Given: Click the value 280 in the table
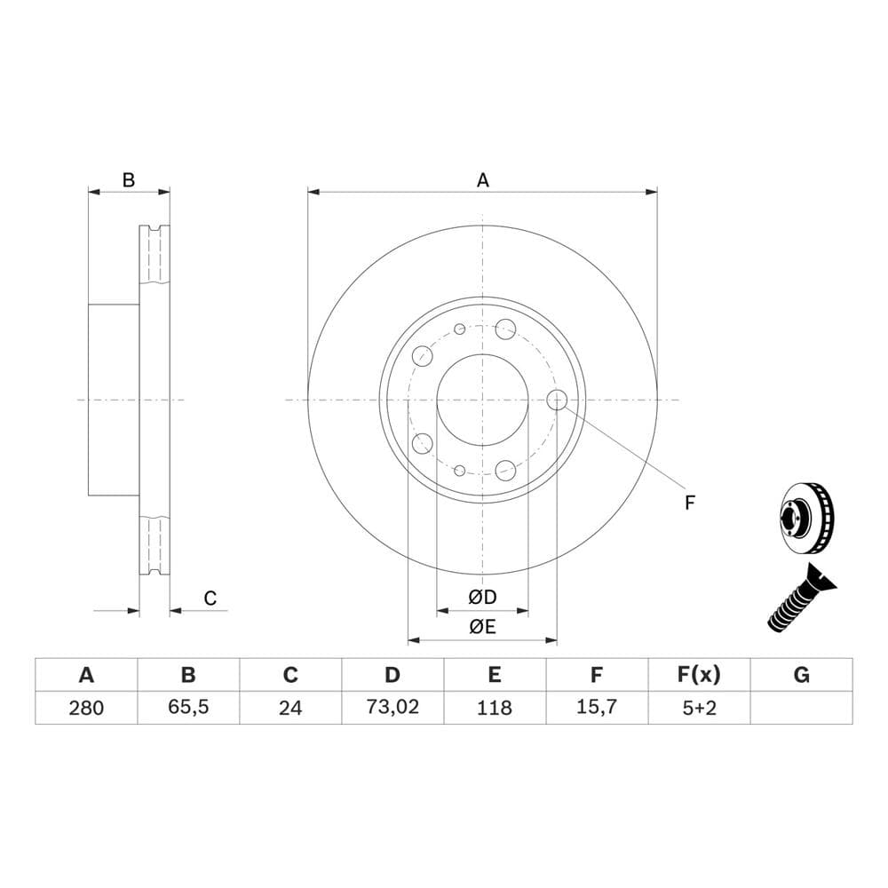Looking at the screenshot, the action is (x=86, y=708).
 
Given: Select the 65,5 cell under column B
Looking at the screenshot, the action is (x=188, y=708).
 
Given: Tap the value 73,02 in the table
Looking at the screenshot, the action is (x=392, y=708).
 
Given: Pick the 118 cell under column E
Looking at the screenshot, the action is (x=495, y=708).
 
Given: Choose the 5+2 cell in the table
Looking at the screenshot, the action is (x=700, y=708).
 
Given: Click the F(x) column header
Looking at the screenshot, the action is (x=699, y=675).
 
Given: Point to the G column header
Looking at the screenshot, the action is (x=801, y=675).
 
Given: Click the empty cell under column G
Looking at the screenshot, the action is (x=801, y=708).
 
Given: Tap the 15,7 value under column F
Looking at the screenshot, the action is (x=597, y=708).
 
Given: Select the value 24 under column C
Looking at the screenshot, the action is (x=290, y=708).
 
